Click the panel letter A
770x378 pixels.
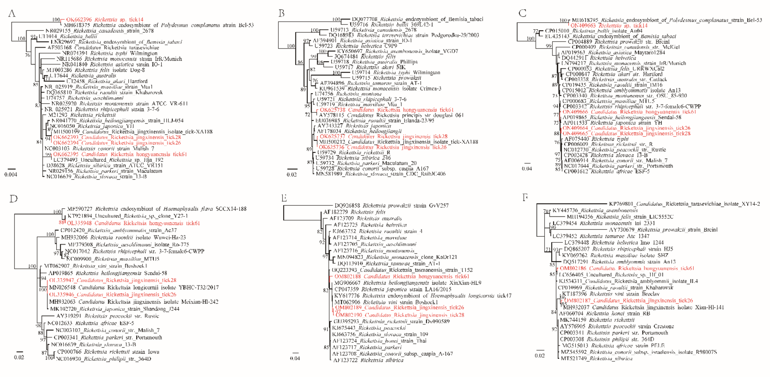[12, 13]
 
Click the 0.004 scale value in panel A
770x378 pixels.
[11, 175]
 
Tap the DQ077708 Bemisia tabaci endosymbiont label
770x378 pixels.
[417, 19]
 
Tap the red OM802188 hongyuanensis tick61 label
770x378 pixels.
[401, 276]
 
